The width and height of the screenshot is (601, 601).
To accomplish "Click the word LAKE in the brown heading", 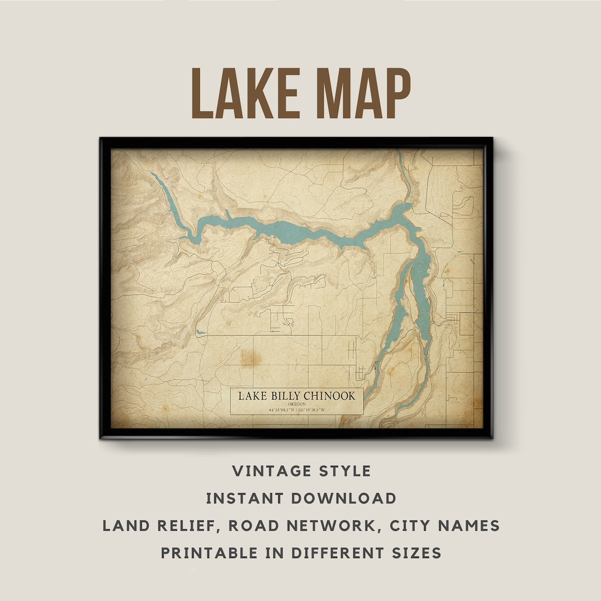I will click(x=248, y=92).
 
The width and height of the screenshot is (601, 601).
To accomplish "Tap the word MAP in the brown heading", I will click(x=357, y=92).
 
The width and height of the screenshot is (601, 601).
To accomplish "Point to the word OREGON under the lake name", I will click(x=297, y=404).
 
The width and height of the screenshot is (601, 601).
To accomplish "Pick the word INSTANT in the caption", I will click(x=242, y=498).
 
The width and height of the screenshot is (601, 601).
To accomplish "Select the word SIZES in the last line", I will click(x=414, y=553).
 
